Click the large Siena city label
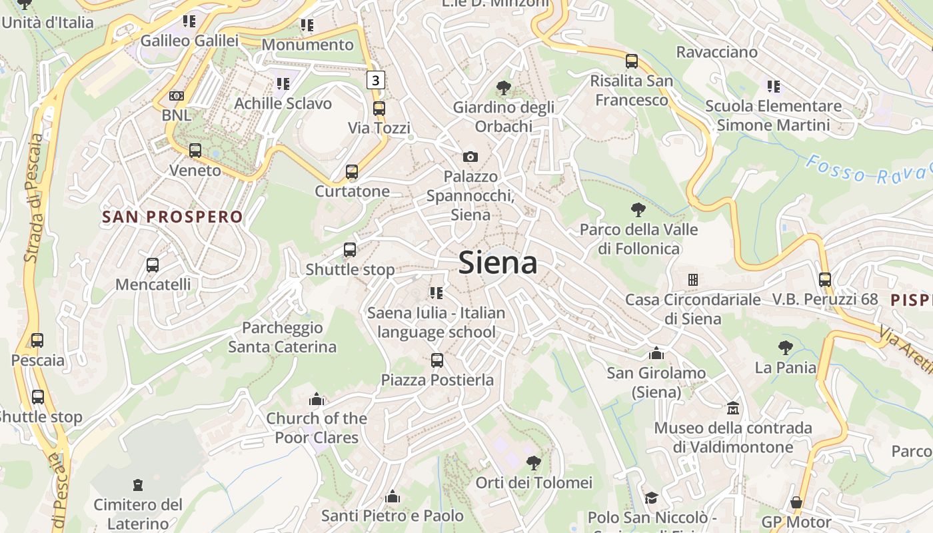498,263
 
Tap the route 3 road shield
376,81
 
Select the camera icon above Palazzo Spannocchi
470,157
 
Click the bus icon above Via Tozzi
379,108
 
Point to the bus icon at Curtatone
352,172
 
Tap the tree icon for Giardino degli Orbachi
504,88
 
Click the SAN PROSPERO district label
173,217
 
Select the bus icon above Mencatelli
153,265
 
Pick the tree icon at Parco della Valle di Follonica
638,211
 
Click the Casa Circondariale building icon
693,280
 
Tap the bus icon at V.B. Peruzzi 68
825,280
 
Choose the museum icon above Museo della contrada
733,408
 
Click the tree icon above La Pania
785,348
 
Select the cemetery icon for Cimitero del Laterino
138,484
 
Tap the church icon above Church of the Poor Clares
317,399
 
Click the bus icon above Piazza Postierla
437,360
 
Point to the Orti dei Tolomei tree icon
533,462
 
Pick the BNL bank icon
176,96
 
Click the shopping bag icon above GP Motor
796,502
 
